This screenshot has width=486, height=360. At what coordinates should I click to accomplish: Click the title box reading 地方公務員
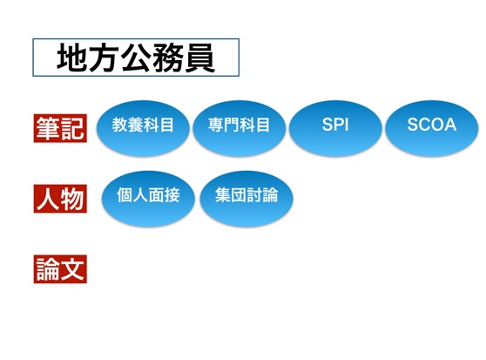[x=136, y=58]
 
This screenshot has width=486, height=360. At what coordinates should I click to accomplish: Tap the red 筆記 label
[x=60, y=128]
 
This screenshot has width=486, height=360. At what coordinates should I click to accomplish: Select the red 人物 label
[x=60, y=199]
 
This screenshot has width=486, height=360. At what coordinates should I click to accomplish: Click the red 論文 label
[x=60, y=269]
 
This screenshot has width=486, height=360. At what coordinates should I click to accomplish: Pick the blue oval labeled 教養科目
[x=143, y=128]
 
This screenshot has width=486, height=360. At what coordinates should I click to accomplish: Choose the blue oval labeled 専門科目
[x=239, y=128]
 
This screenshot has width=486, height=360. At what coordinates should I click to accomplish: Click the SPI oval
[x=335, y=128]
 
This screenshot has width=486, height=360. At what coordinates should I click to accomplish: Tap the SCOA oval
[x=432, y=128]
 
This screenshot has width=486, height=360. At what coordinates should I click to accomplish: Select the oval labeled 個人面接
[x=148, y=199]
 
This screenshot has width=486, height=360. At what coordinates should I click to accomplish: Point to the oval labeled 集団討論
[x=246, y=199]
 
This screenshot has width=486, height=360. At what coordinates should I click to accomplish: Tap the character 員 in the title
[x=200, y=58]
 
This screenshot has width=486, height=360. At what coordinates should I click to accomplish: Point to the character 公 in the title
[x=136, y=58]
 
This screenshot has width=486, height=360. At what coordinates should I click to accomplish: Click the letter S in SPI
[x=327, y=125]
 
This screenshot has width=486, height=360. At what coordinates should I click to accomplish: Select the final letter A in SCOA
[x=450, y=125]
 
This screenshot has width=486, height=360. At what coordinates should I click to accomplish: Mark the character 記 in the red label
[x=72, y=128]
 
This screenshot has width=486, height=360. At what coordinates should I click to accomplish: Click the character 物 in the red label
[x=72, y=199]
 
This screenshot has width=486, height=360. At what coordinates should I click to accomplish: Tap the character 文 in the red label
[x=72, y=269]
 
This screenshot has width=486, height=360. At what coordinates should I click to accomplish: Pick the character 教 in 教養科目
[x=119, y=125]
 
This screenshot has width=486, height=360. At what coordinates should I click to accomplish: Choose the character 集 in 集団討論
[x=223, y=195]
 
